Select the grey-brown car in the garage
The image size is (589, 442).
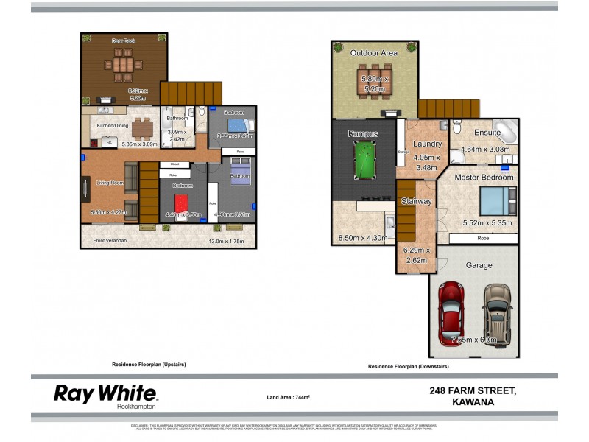tap(497, 312)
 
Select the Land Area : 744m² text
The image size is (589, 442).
tap(288, 397)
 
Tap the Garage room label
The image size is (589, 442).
tap(479, 265)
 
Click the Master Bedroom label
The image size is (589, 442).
tap(483, 178)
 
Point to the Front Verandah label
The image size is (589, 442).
tap(110, 241)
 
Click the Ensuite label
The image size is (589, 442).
tap(487, 133)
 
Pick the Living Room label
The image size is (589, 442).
tap(105, 183)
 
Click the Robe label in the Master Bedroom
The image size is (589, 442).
tap(483, 239)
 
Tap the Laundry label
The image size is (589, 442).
tap(427, 144)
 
